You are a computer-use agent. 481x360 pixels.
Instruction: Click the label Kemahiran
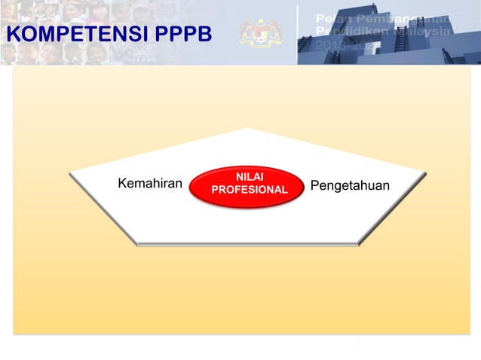click(x=151, y=183)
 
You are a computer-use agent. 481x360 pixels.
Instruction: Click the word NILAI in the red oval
click(x=249, y=176)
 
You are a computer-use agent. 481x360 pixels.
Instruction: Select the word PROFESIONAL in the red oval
click(x=249, y=190)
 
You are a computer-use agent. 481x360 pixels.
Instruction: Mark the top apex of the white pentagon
click(x=247, y=128)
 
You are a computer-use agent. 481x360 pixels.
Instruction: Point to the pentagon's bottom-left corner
click(x=137, y=243)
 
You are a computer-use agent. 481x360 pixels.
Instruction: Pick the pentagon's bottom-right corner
click(x=359, y=243)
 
